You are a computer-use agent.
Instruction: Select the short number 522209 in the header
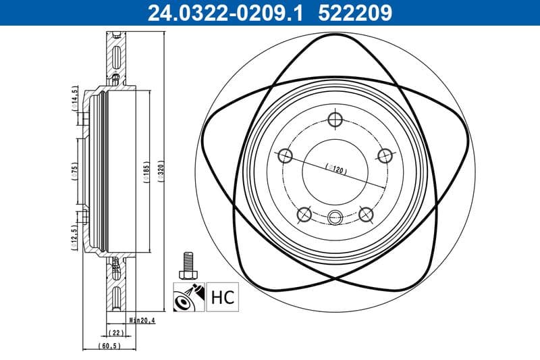pyautogui.click(x=353, y=11)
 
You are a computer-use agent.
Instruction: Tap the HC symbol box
pyautogui.click(x=222, y=297)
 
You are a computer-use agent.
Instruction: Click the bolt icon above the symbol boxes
pyautogui.click(x=188, y=265)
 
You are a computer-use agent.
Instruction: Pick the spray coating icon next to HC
pyautogui.click(x=188, y=297)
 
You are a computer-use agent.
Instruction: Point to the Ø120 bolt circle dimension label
pyautogui.click(x=335, y=169)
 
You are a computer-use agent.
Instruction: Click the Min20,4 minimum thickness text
pyautogui.click(x=143, y=321)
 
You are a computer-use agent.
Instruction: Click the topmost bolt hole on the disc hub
pyautogui.click(x=335, y=120)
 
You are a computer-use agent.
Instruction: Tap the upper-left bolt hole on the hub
pyautogui.click(x=285, y=157)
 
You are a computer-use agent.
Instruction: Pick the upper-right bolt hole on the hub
pyautogui.click(x=385, y=157)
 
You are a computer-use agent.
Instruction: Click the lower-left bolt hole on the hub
pyautogui.click(x=304, y=215)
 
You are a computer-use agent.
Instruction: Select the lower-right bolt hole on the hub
pyautogui.click(x=366, y=215)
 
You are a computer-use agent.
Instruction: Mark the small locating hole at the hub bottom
pyautogui.click(x=335, y=217)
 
